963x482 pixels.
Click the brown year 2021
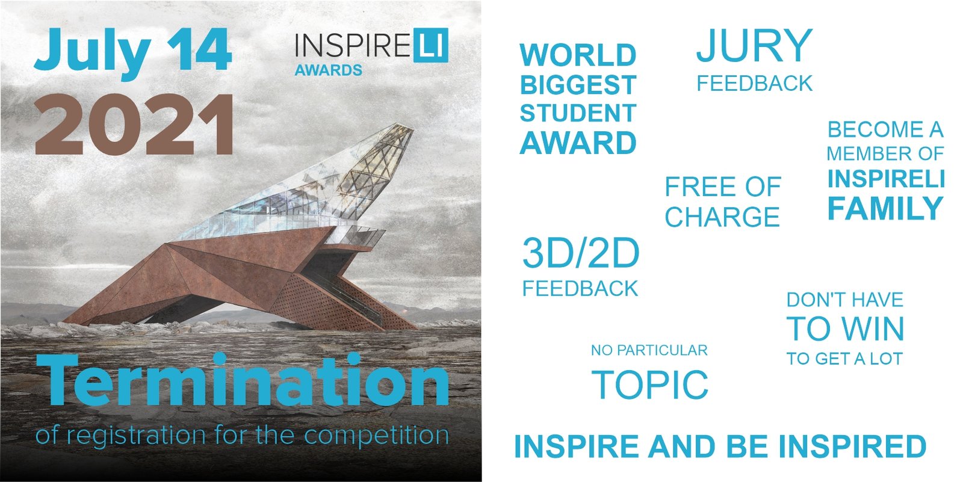[134, 125]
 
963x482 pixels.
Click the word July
[93, 53]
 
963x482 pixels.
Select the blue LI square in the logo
[431, 46]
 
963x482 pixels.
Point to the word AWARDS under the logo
[329, 70]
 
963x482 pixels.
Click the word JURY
[755, 45]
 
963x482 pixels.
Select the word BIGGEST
[578, 85]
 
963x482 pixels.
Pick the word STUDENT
[578, 113]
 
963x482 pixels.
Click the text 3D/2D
[581, 254]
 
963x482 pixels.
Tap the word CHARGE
[722, 216]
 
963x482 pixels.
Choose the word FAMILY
[885, 209]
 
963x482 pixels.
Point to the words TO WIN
[845, 329]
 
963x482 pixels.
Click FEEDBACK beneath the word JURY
[755, 84]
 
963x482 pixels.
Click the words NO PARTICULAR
[649, 350]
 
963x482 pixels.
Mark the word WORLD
[578, 55]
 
